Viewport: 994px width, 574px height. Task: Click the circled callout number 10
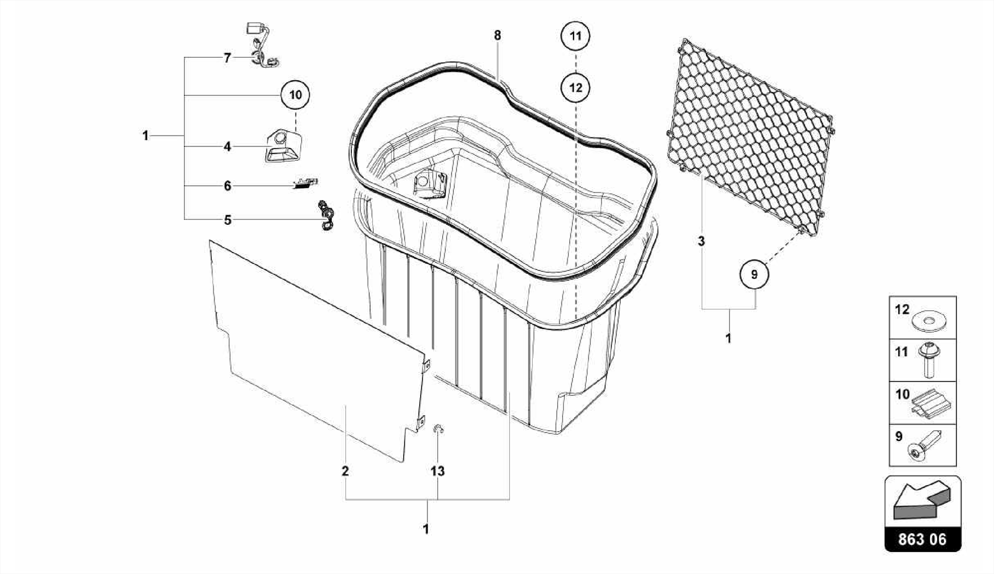point(295,95)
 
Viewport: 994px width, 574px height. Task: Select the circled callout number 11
point(575,36)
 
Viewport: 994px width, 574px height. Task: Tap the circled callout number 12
point(575,88)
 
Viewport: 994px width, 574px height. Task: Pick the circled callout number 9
point(754,274)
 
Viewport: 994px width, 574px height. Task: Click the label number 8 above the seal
point(497,35)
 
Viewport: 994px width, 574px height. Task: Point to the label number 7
point(227,58)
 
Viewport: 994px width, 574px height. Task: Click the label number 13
point(437,471)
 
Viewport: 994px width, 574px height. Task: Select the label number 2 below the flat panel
point(345,471)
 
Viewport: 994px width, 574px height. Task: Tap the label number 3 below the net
point(701,241)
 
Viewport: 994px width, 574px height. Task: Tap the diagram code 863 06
point(922,540)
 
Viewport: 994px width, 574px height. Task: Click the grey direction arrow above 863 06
point(922,501)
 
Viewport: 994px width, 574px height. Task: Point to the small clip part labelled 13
point(438,428)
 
